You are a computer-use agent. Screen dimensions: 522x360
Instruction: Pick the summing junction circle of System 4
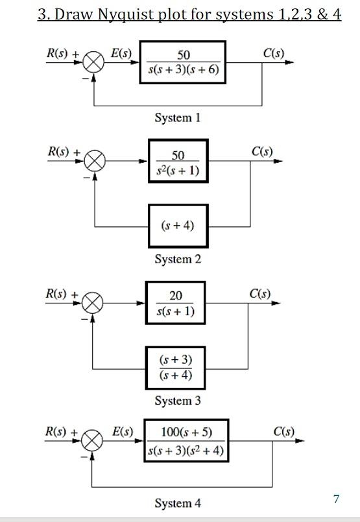(x=92, y=441)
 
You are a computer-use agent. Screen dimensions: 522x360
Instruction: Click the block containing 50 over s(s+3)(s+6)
(x=183, y=63)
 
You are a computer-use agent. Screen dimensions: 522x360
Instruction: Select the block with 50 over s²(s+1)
(x=178, y=161)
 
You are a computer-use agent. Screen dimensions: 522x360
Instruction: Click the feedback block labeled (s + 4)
(x=178, y=226)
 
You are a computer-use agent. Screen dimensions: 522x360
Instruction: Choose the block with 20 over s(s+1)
(x=175, y=303)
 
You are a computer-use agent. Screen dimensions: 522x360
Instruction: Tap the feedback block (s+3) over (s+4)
(x=175, y=367)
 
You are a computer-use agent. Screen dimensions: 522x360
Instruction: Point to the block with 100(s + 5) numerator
(x=186, y=441)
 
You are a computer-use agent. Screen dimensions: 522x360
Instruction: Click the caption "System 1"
(x=177, y=117)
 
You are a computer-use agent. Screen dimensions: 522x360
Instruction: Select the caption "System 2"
(x=178, y=259)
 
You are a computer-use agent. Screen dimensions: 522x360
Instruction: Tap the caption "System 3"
(x=177, y=401)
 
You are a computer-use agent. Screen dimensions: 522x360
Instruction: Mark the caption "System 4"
(x=177, y=503)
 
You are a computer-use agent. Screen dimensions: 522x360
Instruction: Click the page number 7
(x=336, y=499)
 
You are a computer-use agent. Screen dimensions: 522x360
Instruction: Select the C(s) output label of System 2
(x=262, y=152)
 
